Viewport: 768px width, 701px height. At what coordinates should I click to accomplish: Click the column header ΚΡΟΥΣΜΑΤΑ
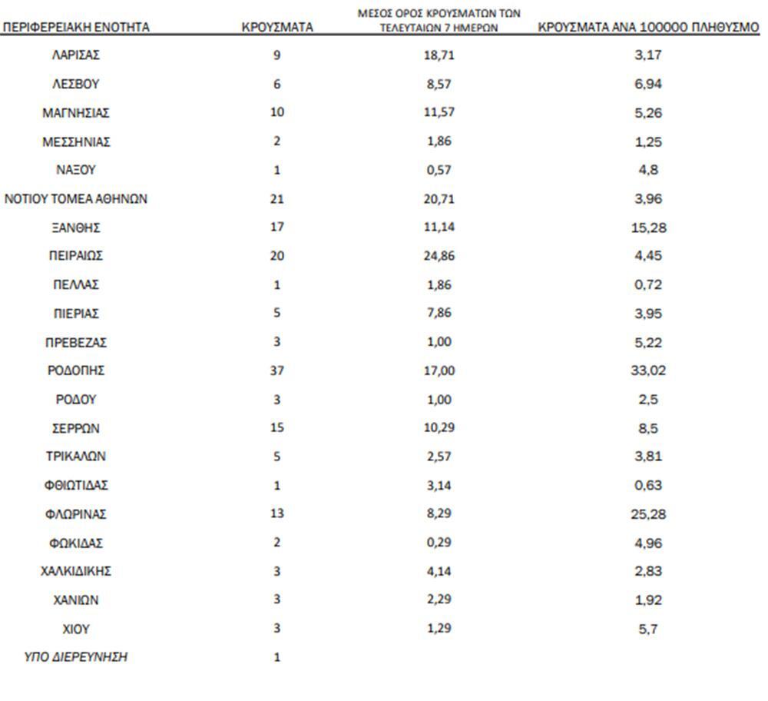[x=277, y=27]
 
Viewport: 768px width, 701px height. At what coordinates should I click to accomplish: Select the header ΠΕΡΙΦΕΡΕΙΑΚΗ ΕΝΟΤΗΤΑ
[x=76, y=27]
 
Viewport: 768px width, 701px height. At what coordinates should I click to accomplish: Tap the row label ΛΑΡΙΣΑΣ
[x=76, y=55]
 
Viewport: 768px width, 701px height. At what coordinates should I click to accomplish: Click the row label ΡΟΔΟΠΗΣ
[x=76, y=370]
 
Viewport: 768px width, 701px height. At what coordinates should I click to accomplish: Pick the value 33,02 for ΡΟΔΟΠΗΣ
[x=649, y=370]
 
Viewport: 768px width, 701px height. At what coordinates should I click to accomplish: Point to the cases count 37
[x=277, y=370]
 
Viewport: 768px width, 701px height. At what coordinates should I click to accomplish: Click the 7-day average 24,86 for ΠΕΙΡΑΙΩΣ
[x=440, y=256]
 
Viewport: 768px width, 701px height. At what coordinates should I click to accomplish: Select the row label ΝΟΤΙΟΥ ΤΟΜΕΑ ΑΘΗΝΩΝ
[x=76, y=199]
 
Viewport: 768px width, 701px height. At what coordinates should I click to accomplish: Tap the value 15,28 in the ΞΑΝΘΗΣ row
[x=649, y=228]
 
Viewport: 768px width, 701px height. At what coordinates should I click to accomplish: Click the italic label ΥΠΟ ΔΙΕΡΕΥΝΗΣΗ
[x=76, y=657]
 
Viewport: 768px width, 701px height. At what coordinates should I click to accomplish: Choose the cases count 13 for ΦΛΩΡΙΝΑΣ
[x=277, y=513]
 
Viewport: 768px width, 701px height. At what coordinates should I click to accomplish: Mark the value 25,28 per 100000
[x=649, y=513]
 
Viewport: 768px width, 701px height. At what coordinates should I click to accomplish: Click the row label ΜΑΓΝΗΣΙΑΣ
[x=76, y=113]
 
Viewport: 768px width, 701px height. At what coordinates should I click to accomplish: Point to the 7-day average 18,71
[x=440, y=55]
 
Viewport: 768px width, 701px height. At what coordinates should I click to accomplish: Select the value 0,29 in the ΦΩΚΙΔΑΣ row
[x=440, y=543]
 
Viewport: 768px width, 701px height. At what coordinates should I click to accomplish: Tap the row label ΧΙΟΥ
[x=76, y=629]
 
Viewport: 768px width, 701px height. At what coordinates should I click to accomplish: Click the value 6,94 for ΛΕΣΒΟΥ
[x=649, y=84]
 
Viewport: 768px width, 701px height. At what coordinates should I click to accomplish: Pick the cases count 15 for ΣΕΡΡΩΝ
[x=277, y=428]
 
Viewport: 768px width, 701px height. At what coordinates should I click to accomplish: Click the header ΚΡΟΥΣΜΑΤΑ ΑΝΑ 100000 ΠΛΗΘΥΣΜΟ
[x=649, y=27]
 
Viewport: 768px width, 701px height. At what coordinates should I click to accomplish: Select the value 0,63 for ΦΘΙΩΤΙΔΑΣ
[x=649, y=485]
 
